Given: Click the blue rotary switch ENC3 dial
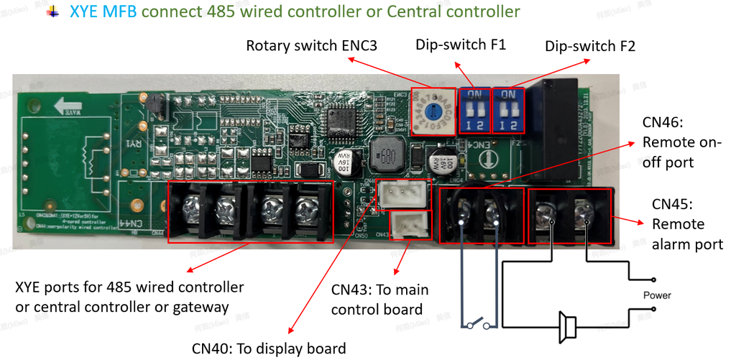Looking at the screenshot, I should [x=433, y=111].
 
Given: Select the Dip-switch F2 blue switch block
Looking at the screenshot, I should [x=508, y=109].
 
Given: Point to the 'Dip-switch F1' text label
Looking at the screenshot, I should [x=461, y=45].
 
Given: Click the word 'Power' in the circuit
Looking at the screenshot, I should [x=657, y=295].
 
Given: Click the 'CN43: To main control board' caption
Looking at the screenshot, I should [x=379, y=300].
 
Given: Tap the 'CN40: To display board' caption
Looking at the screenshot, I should [x=268, y=349].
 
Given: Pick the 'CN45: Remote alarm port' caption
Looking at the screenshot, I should [x=686, y=224].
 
